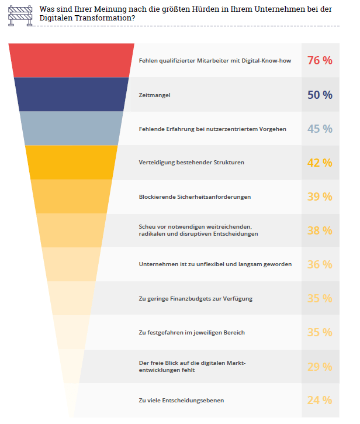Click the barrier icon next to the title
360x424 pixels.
[x=20, y=13]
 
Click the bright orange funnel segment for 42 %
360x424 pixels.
[x=70, y=162]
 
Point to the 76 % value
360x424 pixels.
[x=320, y=60]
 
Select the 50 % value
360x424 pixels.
[x=320, y=95]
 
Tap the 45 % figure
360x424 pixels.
[x=320, y=129]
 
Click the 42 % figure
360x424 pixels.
[x=320, y=163]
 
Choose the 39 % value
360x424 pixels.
[x=320, y=197]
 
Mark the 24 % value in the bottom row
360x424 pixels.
[x=320, y=401]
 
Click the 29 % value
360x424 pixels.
[x=320, y=367]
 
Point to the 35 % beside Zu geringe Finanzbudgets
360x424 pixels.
[x=320, y=298]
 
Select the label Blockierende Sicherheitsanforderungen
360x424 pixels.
[x=195, y=197]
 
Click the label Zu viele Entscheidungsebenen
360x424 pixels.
[x=181, y=401]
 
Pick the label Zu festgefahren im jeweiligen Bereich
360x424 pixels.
[x=192, y=333]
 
